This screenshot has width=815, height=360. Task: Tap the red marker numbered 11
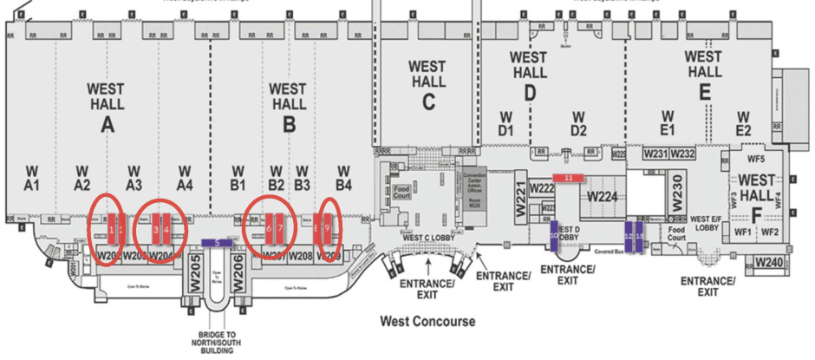pyautogui.click(x=569, y=177)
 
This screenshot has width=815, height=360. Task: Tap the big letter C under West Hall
pyautogui.click(x=427, y=101)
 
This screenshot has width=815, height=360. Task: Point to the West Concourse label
pyautogui.click(x=427, y=321)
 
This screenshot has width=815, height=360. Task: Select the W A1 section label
pyautogui.click(x=32, y=177)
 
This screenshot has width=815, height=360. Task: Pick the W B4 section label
pyautogui.click(x=343, y=177)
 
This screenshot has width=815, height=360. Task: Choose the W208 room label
pyautogui.click(x=300, y=256)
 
